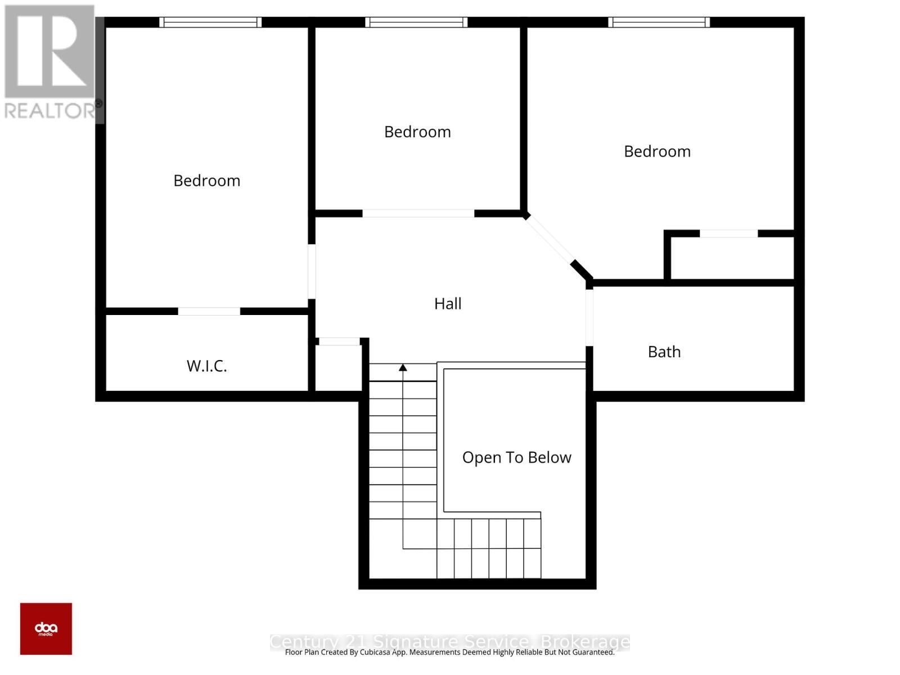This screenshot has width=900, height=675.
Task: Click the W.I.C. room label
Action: click(206, 366)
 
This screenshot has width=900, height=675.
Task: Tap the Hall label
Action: click(448, 304)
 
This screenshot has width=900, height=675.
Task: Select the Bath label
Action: click(664, 352)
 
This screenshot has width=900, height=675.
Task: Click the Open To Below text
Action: click(516, 458)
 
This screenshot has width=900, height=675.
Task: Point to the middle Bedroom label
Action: click(417, 132)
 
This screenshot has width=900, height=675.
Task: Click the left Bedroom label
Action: click(206, 181)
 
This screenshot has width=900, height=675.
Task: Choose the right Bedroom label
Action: click(657, 151)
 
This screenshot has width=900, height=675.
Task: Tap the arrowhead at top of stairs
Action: click(403, 368)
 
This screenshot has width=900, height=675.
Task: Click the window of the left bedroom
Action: click(210, 22)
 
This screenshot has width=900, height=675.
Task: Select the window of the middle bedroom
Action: click(416, 22)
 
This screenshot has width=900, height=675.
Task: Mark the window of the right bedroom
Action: click(659, 22)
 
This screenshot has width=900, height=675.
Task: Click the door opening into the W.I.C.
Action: click(209, 311)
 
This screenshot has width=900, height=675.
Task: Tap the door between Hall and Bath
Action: click(589, 317)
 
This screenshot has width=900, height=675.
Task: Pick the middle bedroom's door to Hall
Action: click(418, 214)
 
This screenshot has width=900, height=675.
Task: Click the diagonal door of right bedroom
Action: click(550, 240)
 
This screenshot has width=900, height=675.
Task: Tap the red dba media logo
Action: click(46, 629)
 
